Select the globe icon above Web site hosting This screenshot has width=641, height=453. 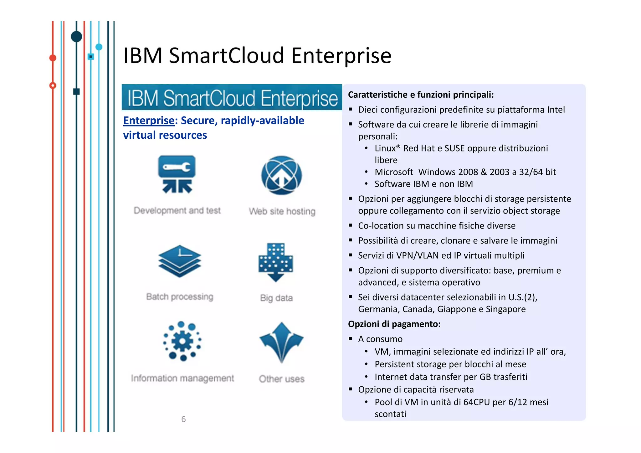281,175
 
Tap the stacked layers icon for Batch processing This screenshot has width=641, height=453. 180,261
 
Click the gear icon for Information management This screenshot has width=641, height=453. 182,341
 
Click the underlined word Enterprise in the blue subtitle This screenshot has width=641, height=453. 149,121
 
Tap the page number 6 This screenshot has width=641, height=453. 183,419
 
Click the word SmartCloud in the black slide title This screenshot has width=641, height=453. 226,56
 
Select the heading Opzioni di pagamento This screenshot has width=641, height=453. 394,324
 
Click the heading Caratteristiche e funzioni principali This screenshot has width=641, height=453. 421,95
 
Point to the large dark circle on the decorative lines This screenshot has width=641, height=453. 76,37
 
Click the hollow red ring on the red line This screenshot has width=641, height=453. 53,85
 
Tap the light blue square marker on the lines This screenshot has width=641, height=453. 91,57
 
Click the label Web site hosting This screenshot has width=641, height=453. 282,211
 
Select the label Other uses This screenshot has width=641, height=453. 281,379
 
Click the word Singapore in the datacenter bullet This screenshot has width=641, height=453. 505,309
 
